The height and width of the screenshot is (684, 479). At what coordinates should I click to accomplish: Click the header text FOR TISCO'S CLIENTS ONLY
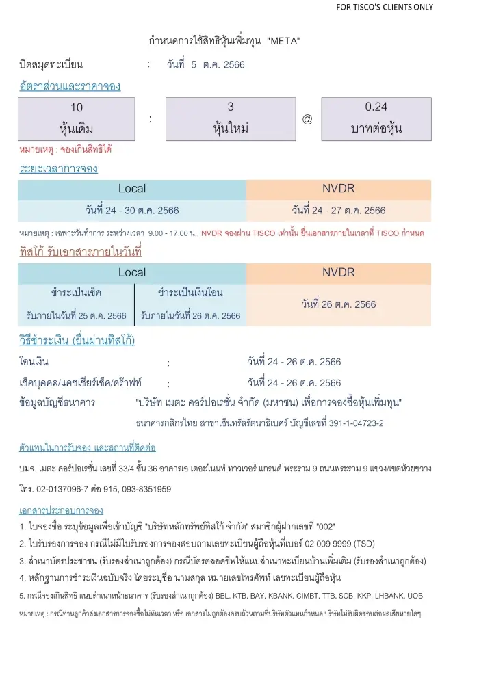[384, 8]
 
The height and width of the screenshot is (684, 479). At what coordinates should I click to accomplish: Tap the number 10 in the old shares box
[77, 107]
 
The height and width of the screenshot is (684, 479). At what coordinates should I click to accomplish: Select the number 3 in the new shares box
[231, 107]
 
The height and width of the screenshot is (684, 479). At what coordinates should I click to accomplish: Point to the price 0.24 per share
[376, 107]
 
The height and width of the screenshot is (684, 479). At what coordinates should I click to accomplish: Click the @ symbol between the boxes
[307, 119]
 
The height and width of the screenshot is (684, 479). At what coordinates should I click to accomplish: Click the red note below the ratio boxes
[65, 148]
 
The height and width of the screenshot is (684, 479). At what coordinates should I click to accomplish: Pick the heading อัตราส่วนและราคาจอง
[70, 86]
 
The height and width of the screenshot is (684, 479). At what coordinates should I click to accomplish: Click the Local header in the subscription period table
[131, 189]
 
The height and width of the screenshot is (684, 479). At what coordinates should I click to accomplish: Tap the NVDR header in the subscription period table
[338, 189]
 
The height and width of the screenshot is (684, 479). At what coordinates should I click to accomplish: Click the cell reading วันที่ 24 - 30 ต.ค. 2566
[132, 210]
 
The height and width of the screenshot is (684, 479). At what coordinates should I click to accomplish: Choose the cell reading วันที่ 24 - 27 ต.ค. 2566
[338, 210]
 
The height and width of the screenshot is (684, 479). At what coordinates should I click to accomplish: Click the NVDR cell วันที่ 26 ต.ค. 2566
[338, 304]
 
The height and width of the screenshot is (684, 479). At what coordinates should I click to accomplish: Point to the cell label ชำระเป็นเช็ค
[77, 293]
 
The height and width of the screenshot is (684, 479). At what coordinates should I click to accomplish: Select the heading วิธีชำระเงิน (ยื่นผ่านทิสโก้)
[77, 340]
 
